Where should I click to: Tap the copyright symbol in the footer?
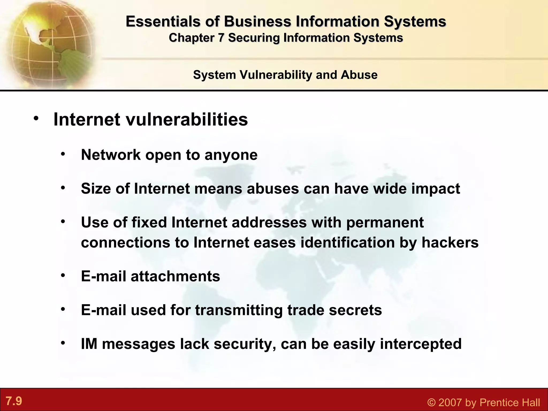pyautogui.click(x=431, y=402)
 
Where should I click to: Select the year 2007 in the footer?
pyautogui.click(x=450, y=402)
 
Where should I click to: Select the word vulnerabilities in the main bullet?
pyautogui.click(x=187, y=119)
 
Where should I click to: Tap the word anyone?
pyautogui.click(x=231, y=155)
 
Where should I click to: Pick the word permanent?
pyautogui.click(x=385, y=222)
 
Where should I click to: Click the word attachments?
pyautogui.click(x=175, y=276)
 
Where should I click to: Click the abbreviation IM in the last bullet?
pyautogui.click(x=89, y=344)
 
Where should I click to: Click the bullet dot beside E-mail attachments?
pyautogui.click(x=63, y=275)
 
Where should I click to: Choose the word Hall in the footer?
pyautogui.click(x=530, y=402)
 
